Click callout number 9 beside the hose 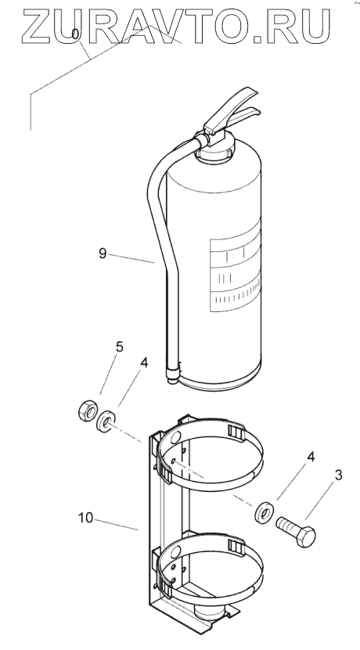(103, 253)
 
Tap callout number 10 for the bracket (86, 518)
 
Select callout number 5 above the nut (120, 347)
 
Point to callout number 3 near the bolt (338, 475)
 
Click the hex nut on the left (88, 411)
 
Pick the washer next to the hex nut (106, 421)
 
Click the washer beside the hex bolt (265, 512)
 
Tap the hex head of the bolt (306, 537)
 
